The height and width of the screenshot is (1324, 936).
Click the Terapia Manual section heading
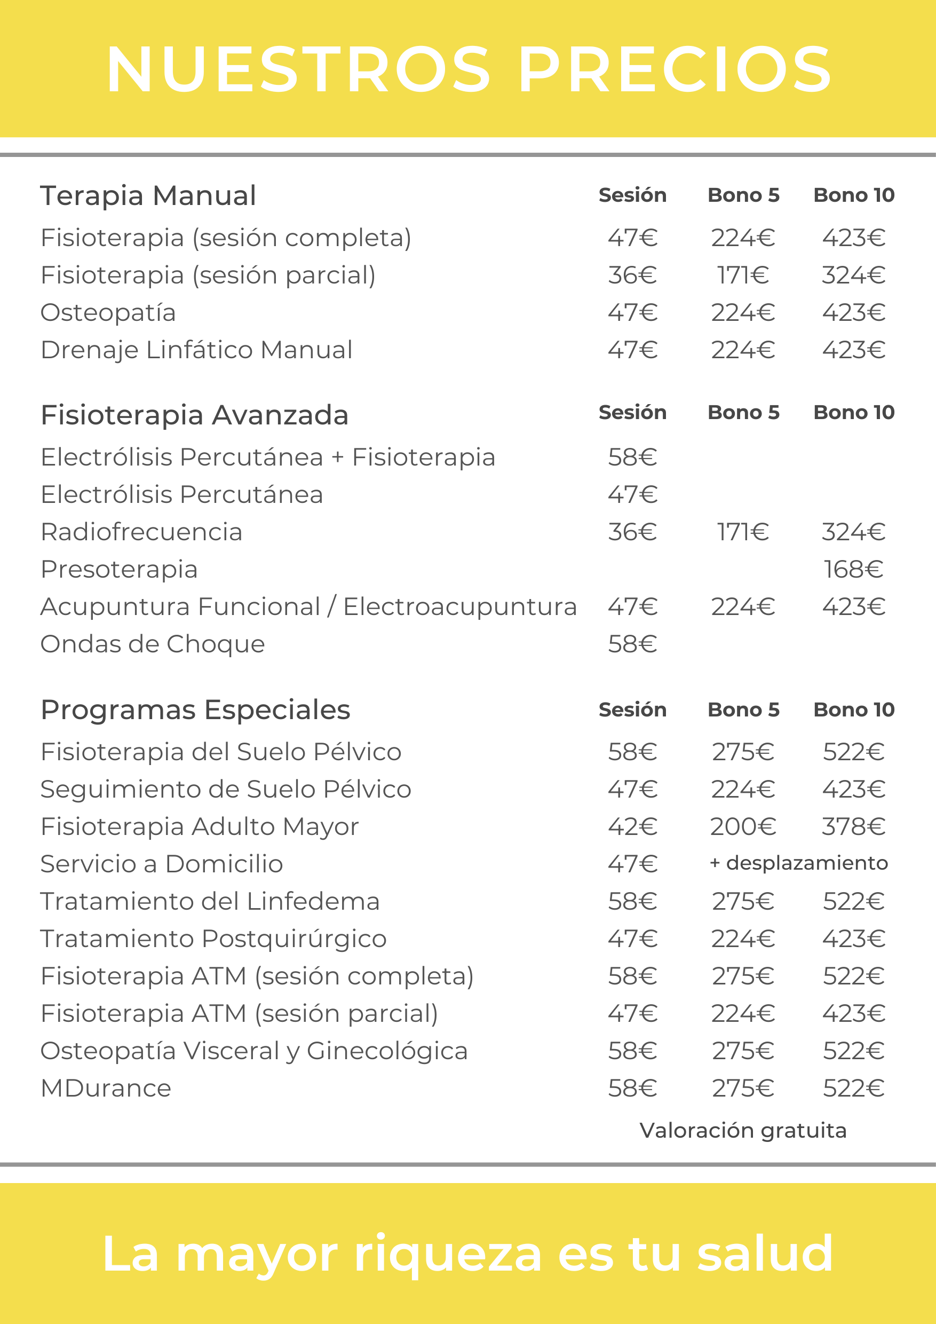pyautogui.click(x=148, y=195)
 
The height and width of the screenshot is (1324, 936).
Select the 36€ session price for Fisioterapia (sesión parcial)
pyautogui.click(x=632, y=275)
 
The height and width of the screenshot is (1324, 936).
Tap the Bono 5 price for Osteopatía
pyautogui.click(x=743, y=312)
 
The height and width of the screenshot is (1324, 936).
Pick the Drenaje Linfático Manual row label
pyautogui.click(x=196, y=350)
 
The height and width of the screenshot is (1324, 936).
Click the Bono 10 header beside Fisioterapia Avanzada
pyautogui.click(x=854, y=412)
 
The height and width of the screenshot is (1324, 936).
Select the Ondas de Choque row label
pyautogui.click(x=153, y=644)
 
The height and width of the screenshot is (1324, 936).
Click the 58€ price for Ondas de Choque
pyautogui.click(x=632, y=644)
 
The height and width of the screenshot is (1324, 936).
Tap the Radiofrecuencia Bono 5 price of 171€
pyautogui.click(x=743, y=532)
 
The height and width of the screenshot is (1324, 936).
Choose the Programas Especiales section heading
pyautogui.click(x=195, y=710)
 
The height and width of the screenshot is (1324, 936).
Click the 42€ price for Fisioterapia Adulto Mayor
pyautogui.click(x=632, y=826)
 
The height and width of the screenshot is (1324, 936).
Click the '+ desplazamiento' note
pyautogui.click(x=799, y=863)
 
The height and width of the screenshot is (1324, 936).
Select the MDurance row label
pyautogui.click(x=106, y=1088)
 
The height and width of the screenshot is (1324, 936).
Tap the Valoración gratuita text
pyautogui.click(x=743, y=1131)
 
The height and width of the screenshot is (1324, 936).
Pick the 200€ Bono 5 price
pyautogui.click(x=743, y=826)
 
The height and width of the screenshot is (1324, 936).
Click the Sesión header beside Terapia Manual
pyautogui.click(x=632, y=195)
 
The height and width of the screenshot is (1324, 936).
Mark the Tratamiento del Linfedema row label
pyautogui.click(x=210, y=901)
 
